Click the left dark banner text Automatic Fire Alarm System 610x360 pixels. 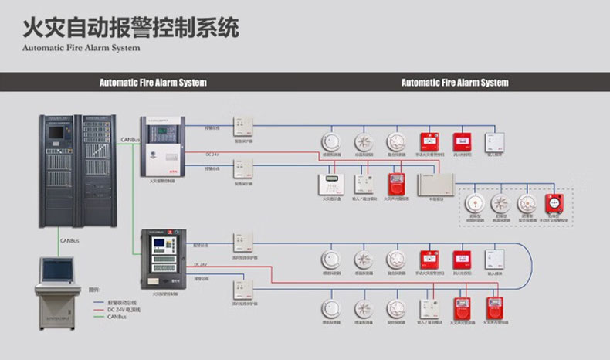click(153, 82)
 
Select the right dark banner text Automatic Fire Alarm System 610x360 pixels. click(455, 82)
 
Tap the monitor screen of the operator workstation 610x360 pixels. click(57, 270)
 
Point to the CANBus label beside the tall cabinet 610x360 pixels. click(130, 140)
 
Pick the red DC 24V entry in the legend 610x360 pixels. click(120, 308)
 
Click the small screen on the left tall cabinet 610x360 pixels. click(57, 132)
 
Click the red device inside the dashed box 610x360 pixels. click(553, 203)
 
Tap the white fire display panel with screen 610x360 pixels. click(334, 183)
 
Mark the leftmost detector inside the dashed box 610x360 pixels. click(473, 203)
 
